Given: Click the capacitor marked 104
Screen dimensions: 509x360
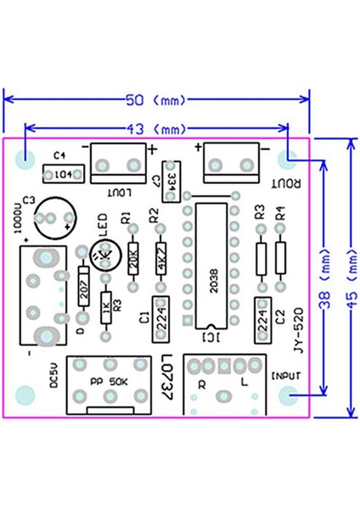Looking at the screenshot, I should [63, 175].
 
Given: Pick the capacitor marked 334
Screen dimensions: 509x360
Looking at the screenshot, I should [171, 181].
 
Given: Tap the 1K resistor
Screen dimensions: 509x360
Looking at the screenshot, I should [105, 309].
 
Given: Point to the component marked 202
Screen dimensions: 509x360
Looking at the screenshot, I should [83, 288].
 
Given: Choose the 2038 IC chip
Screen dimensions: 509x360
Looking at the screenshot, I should [212, 266].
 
